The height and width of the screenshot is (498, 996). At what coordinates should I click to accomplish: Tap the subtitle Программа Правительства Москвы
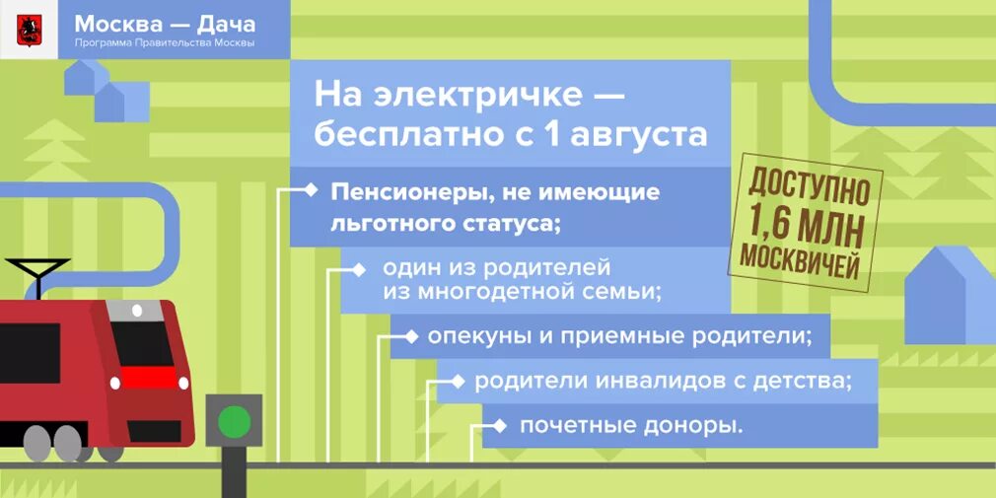[x=165, y=43]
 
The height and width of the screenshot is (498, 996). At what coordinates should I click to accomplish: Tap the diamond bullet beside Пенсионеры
[x=312, y=189]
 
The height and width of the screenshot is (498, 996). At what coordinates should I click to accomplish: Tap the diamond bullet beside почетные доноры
[x=502, y=425]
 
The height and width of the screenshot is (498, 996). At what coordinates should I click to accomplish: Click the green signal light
[x=235, y=421]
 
